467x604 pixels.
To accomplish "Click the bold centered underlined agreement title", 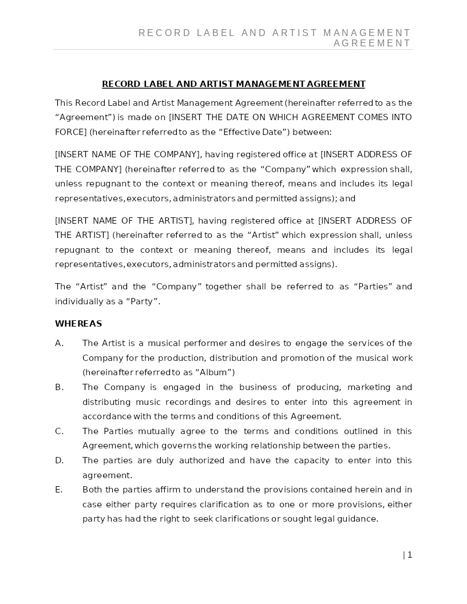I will (x=233, y=84).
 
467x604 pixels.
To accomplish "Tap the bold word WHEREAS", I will (x=78, y=324).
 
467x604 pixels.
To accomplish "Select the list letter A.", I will (x=59, y=343).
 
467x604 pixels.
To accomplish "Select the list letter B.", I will (x=59, y=387).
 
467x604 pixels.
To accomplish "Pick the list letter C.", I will (x=59, y=431).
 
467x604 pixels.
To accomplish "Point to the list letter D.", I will (x=59, y=460).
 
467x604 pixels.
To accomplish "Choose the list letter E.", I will (x=59, y=490).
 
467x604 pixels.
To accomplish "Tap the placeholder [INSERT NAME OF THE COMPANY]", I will (x=128, y=154).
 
